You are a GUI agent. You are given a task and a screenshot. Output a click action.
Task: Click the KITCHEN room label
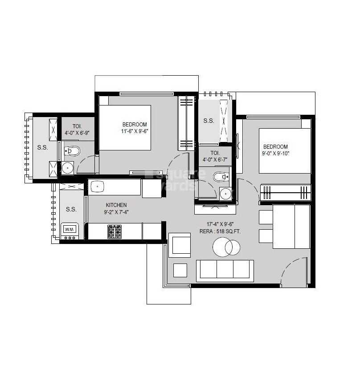(116, 205)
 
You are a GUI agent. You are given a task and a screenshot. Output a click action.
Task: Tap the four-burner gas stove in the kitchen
(115, 231)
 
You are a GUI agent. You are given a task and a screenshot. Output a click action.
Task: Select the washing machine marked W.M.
(70, 230)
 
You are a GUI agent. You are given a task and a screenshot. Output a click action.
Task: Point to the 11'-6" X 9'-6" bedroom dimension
(134, 131)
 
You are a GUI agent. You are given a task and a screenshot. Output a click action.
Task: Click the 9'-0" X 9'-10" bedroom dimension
(275, 154)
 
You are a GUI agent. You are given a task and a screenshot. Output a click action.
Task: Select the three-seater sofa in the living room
(225, 270)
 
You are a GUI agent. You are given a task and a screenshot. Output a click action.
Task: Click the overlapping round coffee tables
(226, 247)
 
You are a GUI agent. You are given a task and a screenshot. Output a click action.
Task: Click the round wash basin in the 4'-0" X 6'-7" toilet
(226, 194)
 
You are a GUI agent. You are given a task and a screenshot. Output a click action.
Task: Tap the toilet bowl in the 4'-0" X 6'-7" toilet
(220, 178)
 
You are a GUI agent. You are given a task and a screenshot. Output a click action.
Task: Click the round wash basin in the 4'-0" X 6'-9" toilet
(68, 168)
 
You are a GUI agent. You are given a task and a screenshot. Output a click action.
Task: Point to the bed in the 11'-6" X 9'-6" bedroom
(125, 128)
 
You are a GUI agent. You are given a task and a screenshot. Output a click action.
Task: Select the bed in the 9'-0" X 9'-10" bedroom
(284, 151)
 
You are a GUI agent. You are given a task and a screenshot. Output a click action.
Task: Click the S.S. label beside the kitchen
(71, 209)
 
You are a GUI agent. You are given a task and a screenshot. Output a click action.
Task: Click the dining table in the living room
(291, 227)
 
